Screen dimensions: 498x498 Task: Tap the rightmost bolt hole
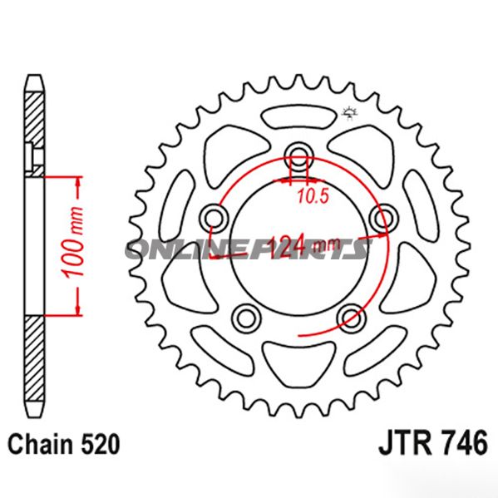click(382, 218)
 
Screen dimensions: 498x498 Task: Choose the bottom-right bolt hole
click(350, 316)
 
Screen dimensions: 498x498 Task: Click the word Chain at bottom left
click(38, 444)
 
